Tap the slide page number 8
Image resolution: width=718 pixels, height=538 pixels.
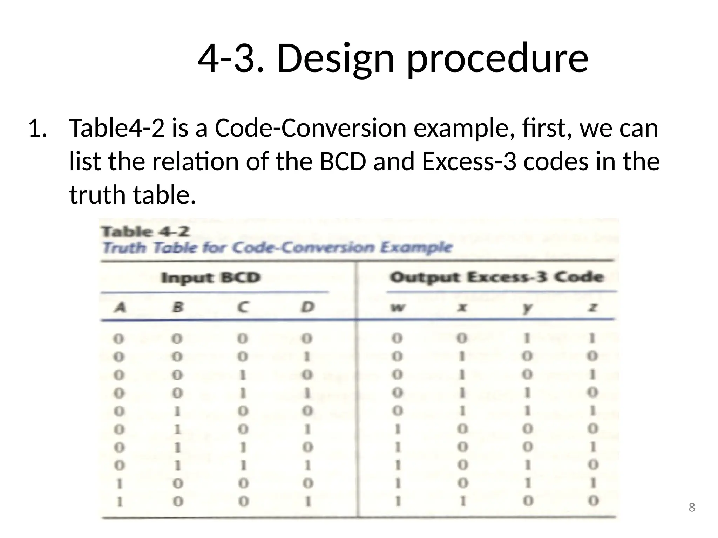tap(691, 507)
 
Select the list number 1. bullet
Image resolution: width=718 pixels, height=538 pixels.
tap(38, 128)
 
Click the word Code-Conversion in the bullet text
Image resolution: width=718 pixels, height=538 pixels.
tap(310, 128)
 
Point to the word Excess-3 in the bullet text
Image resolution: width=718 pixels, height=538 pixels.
tap(469, 161)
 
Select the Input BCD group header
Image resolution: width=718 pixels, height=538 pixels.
tap(210, 278)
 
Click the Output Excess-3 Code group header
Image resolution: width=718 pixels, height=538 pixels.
tap(497, 277)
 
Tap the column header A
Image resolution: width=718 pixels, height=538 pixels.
tap(120, 308)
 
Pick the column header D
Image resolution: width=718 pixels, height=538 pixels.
tap(307, 308)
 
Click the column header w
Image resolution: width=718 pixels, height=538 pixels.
tap(398, 308)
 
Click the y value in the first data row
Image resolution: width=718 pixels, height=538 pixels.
tap(527, 338)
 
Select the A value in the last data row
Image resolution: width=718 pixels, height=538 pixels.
tap(120, 502)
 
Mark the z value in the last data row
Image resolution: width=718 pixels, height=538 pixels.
tap(592, 501)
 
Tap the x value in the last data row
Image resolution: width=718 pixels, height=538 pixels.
tap(463, 501)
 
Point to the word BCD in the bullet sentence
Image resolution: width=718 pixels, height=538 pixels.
tap(343, 161)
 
